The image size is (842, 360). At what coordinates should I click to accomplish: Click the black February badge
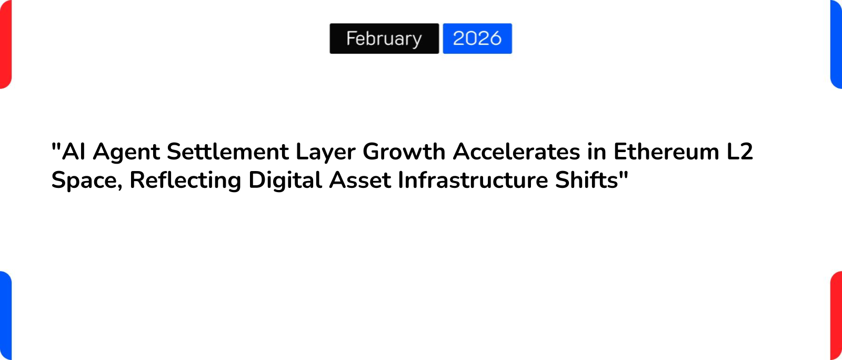384,38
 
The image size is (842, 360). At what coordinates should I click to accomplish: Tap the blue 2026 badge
477,38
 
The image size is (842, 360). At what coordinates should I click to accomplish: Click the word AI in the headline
74,152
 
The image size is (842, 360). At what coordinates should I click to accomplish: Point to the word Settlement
227,152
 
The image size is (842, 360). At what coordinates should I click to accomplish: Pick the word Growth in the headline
404,152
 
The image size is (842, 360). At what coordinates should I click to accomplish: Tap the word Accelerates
516,152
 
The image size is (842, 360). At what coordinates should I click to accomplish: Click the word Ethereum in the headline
666,152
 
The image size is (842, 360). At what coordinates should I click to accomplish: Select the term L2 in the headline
740,152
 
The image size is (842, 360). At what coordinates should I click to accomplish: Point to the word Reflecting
185,181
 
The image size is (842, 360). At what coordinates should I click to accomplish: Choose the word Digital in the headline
285,181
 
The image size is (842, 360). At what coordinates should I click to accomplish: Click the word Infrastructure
473,181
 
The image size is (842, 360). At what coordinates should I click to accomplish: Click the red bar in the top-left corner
5,44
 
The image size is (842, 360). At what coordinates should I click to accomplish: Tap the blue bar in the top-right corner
836,44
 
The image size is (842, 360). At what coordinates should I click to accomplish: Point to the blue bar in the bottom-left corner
5,316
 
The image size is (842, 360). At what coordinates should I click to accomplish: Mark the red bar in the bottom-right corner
836,316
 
